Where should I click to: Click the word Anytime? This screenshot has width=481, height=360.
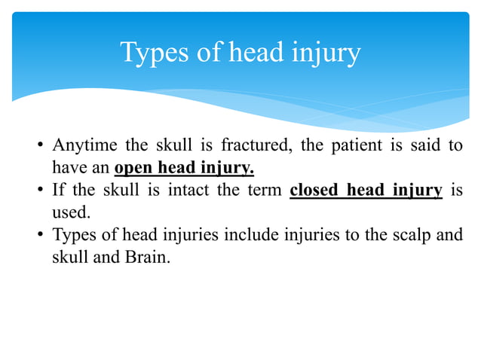point(81,145)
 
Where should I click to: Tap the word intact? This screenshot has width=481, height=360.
point(190,190)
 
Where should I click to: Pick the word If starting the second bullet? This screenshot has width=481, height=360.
point(57,190)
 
